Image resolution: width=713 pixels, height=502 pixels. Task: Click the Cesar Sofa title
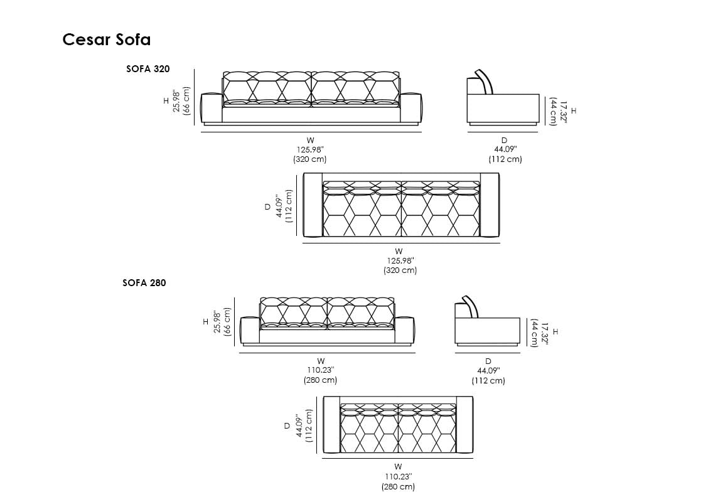tap(106, 40)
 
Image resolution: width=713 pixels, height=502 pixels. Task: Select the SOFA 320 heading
tap(148, 69)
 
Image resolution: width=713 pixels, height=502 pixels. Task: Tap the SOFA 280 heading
tap(144, 283)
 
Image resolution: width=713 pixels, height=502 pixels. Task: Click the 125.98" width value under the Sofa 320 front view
tap(309, 149)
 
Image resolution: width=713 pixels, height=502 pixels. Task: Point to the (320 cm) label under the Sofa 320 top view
tap(400, 270)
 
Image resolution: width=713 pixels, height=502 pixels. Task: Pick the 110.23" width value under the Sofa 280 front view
tap(320, 370)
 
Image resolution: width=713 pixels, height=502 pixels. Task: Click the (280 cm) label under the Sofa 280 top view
tap(398, 486)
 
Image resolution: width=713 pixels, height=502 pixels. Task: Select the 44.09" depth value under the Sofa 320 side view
tap(505, 149)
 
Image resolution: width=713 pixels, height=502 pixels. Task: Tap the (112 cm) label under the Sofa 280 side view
tap(488, 380)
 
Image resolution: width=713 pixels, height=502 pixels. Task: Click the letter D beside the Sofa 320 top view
tap(267, 206)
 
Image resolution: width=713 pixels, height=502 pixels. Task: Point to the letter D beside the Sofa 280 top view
tap(287, 425)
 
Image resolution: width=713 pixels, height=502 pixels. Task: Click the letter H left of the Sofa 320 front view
tap(166, 100)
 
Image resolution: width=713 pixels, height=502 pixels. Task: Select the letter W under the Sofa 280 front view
tap(321, 361)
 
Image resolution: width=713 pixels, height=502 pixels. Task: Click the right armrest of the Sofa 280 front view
tap(405, 331)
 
